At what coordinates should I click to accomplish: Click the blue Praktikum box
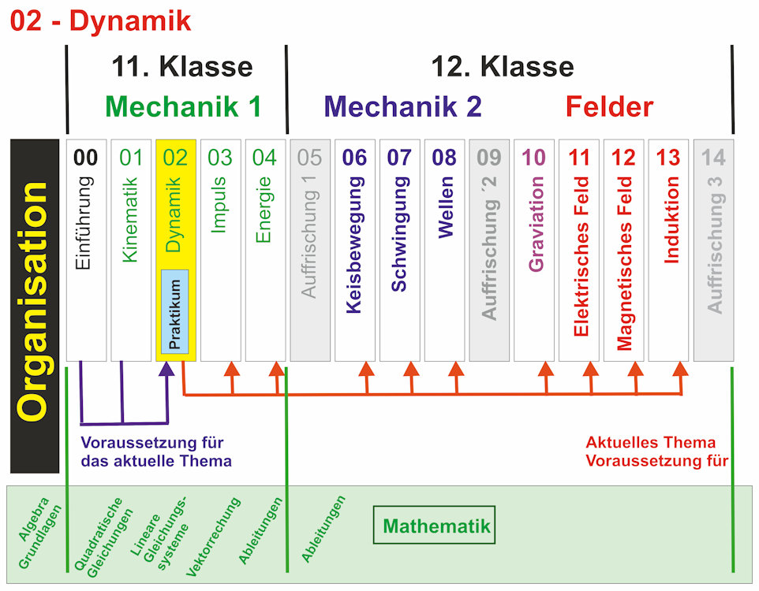(x=174, y=311)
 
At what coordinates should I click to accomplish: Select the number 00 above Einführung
(x=86, y=158)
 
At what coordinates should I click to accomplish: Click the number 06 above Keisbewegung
(x=354, y=158)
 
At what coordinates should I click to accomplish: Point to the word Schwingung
(x=399, y=234)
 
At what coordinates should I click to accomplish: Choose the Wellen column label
(x=444, y=206)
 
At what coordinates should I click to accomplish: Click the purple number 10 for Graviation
(x=533, y=158)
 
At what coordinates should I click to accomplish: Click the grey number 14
(x=713, y=158)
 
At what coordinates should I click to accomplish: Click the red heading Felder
(x=609, y=106)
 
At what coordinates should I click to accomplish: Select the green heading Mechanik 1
(x=183, y=106)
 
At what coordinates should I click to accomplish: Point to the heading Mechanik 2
(x=402, y=106)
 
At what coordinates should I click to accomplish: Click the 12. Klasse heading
(x=502, y=67)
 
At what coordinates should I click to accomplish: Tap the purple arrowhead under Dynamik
(x=166, y=369)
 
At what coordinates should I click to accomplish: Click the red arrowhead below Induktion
(x=681, y=368)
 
